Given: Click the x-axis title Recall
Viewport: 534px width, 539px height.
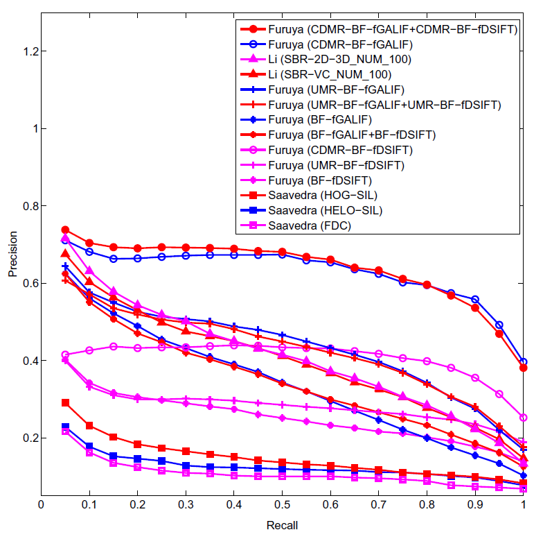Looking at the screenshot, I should coord(282,525).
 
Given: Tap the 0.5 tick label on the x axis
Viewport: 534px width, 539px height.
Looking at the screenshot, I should coord(283,507).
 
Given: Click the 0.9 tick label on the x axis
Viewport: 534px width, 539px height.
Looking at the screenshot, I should coord(475,507).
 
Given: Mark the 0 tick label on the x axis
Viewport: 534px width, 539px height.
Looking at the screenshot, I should coord(41,507).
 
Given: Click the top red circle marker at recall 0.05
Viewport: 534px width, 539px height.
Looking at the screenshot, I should coord(65,230).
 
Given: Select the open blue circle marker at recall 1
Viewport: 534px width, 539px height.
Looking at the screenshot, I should coord(523,362).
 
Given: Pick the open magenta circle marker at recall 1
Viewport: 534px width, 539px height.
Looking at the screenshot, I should coord(523,418).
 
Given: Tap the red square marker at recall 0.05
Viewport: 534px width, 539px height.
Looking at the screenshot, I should coord(65,402).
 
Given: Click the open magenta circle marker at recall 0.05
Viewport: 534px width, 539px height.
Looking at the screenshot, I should coord(65,355).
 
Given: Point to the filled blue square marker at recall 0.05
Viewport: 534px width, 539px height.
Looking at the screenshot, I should coord(65,427).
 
